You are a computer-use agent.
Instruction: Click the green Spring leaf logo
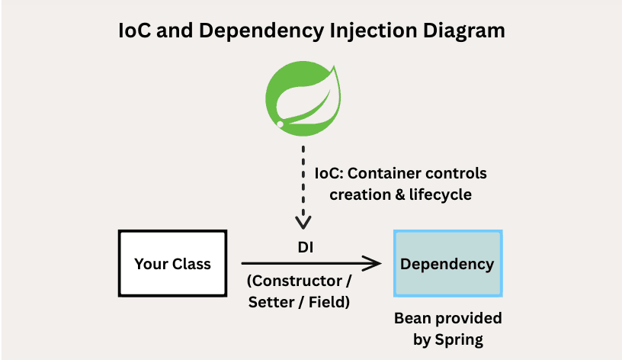point(303,98)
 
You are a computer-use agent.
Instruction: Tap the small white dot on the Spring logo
point(280,124)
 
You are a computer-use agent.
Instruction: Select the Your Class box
point(172,263)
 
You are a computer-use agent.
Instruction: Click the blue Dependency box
point(448,263)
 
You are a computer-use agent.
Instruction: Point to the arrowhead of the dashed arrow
point(303,223)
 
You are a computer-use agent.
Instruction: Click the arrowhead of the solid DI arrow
point(373,263)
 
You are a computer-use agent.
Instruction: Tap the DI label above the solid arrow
point(306,247)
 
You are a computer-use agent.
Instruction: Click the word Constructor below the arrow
point(297,281)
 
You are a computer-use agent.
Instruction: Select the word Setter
point(271,302)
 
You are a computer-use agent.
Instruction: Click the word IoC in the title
point(135,31)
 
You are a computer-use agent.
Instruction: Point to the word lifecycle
point(441,195)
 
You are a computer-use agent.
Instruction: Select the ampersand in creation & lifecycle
point(400,195)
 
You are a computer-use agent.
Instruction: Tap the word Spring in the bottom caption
point(459,340)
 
